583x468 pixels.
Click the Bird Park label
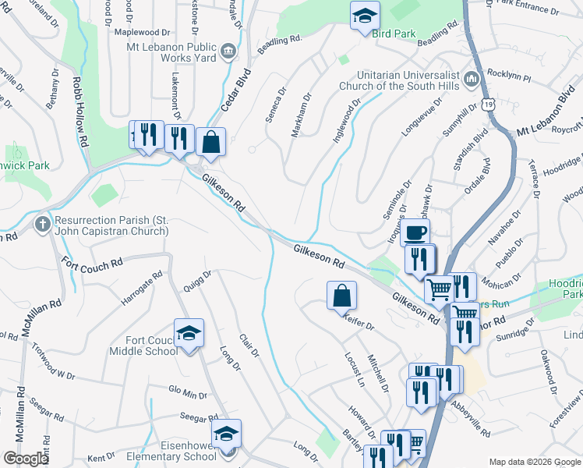tap(394, 34)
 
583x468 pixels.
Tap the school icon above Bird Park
tap(363, 15)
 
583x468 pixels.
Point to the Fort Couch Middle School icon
tap(188, 334)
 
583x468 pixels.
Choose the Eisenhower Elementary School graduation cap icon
tap(227, 434)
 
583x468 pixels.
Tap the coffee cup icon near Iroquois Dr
tap(415, 232)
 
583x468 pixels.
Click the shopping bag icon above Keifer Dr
tap(341, 296)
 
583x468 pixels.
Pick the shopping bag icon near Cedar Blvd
tap(211, 142)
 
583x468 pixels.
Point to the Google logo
tap(26, 459)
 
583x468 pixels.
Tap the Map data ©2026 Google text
tap(535, 462)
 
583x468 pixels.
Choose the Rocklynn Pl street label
tap(508, 79)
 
